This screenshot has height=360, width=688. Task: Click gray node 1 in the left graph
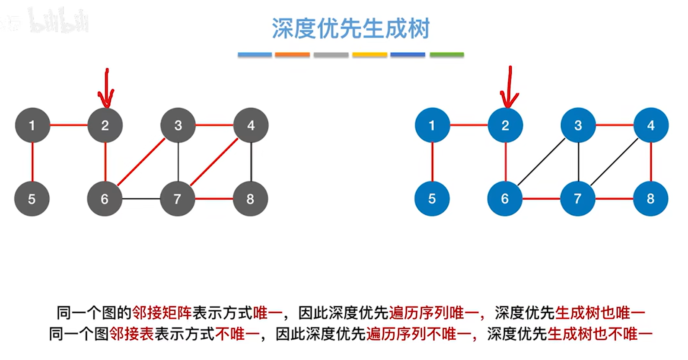tap(32, 125)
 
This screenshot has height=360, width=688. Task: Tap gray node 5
tap(32, 199)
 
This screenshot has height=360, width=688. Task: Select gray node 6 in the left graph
tap(105, 199)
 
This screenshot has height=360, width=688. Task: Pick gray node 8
tap(250, 199)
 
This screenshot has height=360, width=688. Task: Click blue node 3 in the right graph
tap(578, 125)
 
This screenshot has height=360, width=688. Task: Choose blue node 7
tap(577, 199)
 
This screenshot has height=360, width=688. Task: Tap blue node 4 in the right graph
tap(651, 125)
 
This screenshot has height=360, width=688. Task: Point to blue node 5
tap(432, 199)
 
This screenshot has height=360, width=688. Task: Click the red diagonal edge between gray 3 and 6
tap(142, 162)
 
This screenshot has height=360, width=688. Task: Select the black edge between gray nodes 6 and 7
tap(141, 199)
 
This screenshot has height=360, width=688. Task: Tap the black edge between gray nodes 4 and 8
tap(251, 162)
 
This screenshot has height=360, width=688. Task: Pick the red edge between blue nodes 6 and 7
tap(541, 199)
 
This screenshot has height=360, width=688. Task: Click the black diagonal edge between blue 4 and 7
tap(614, 162)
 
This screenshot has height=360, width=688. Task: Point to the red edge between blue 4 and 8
tap(651, 162)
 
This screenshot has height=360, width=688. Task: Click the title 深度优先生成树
tap(350, 29)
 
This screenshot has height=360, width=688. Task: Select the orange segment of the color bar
tap(293, 55)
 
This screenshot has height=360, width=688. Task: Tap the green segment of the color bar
tap(446, 55)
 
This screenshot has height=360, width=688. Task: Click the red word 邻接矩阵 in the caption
tap(162, 312)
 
